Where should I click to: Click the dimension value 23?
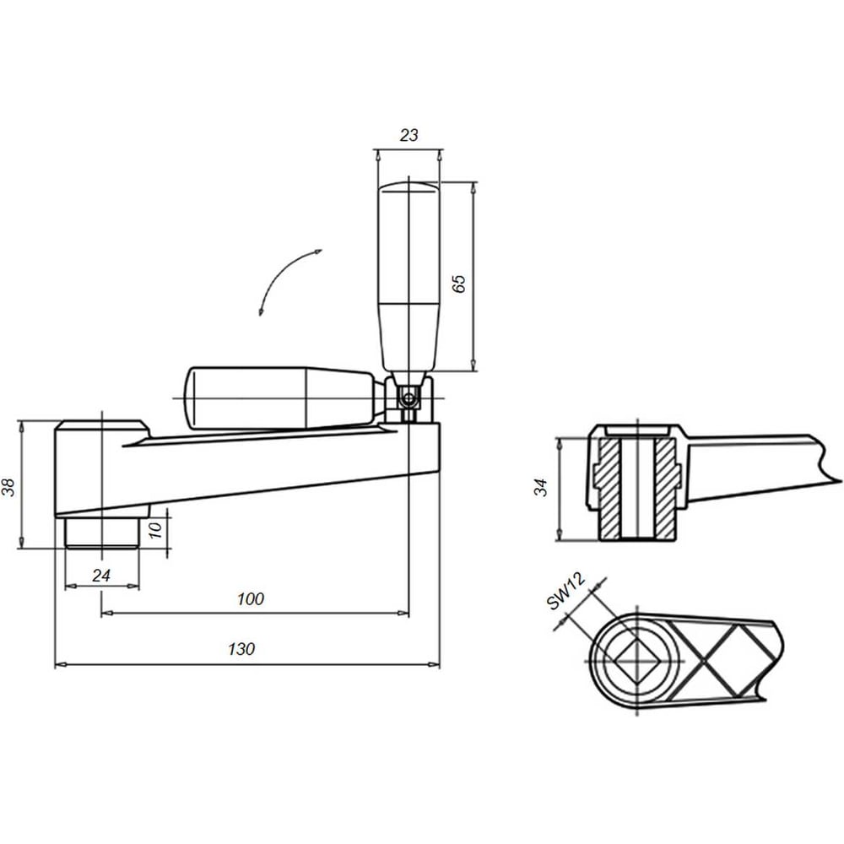coord(408,135)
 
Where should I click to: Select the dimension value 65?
coord(458,284)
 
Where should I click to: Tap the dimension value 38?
coord(9,487)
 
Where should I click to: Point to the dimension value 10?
coord(155,530)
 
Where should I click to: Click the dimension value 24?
coord(101,576)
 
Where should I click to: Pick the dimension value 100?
coord(251,598)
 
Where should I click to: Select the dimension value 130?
coord(241,649)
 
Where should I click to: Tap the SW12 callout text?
coord(565,591)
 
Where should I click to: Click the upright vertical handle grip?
coord(408,277)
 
